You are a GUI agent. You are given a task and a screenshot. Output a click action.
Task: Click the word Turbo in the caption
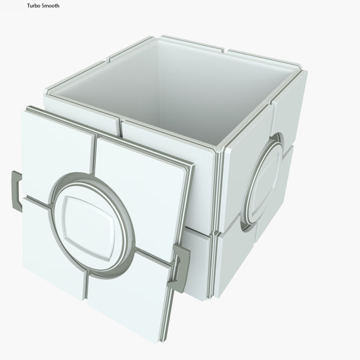coord(33,6)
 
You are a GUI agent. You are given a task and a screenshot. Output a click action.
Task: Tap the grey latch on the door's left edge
coord(16,191)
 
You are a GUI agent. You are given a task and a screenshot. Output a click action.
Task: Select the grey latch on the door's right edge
coord(179,268)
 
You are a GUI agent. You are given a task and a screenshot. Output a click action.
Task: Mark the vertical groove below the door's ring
coord(86,287)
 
